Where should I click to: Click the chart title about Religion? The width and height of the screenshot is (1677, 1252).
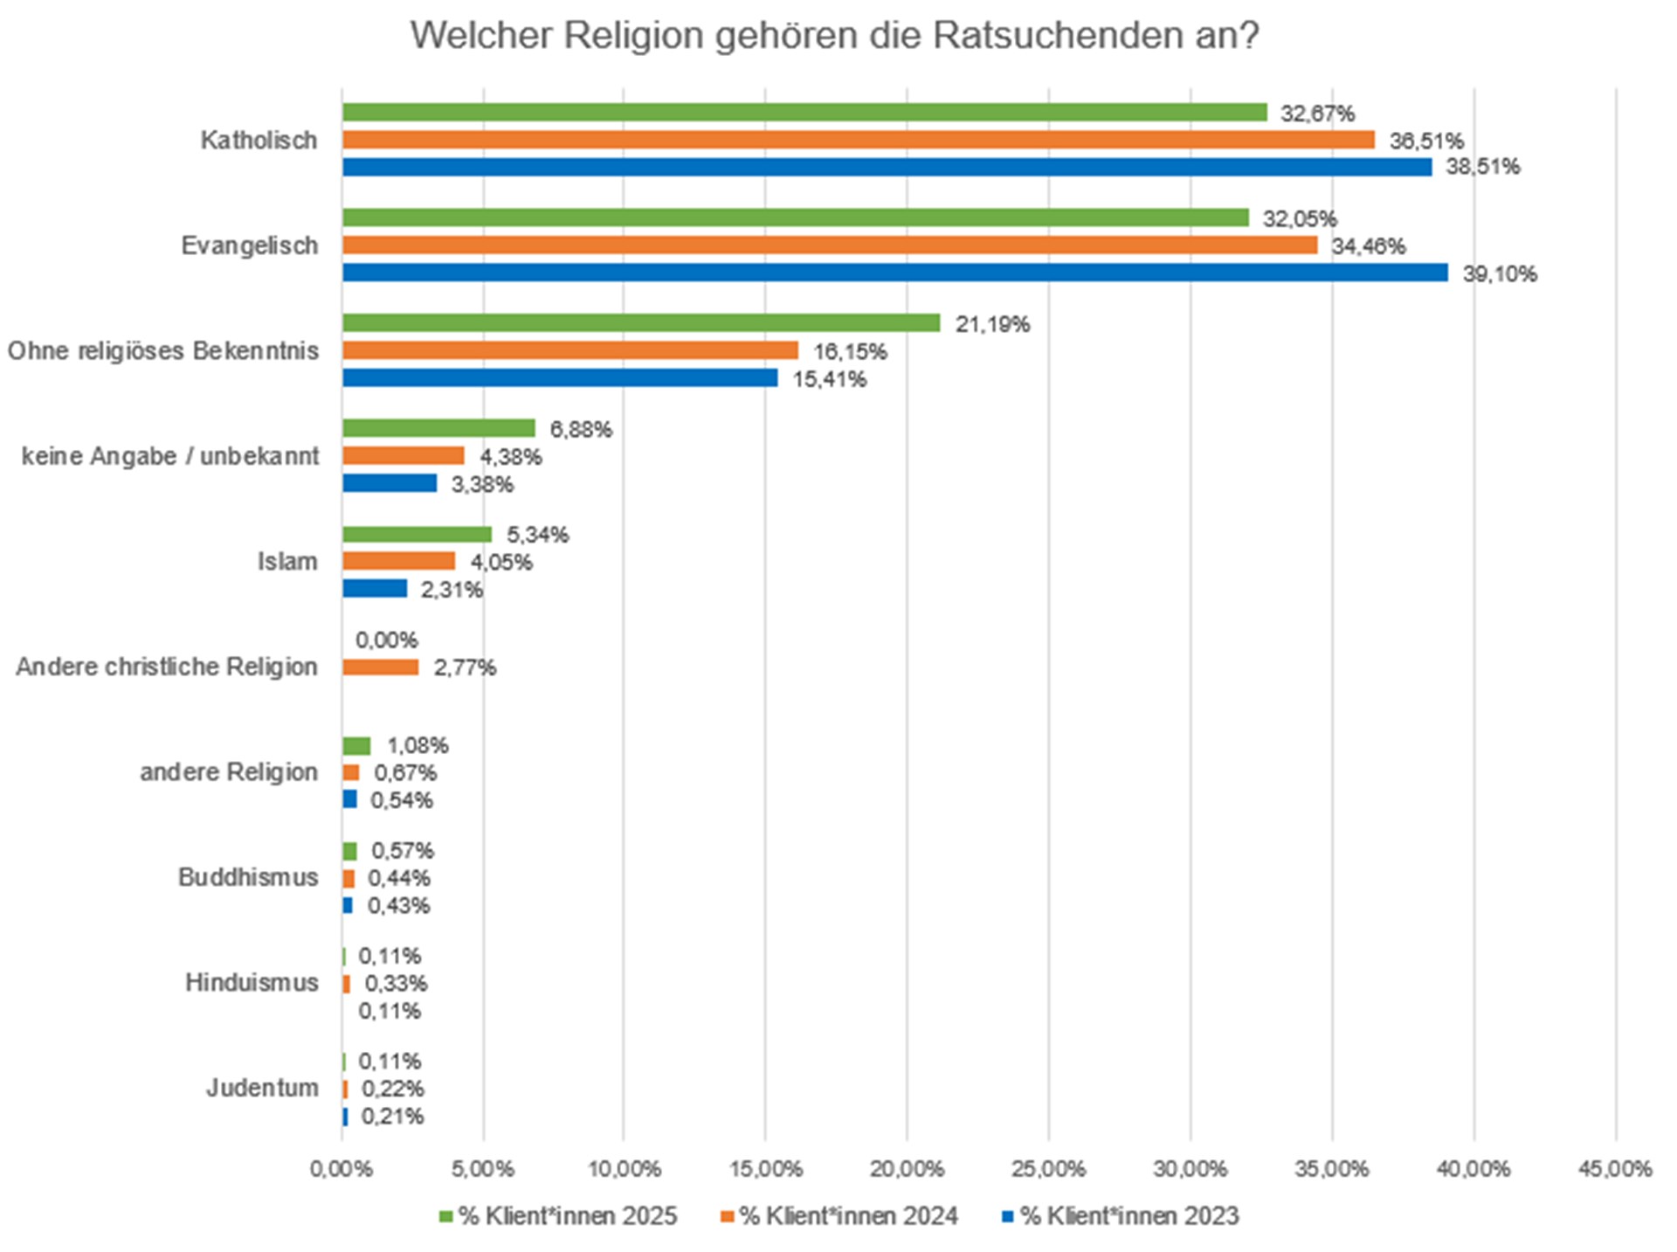pyautogui.click(x=834, y=37)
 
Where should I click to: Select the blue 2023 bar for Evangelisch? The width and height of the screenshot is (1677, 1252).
pyautogui.click(x=894, y=273)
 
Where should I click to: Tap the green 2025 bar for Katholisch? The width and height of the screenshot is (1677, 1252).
pyautogui.click(x=804, y=112)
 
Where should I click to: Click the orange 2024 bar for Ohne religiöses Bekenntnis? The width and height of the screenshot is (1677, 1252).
pyautogui.click(x=569, y=350)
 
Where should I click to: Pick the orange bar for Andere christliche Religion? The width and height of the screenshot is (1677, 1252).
pyautogui.click(x=380, y=668)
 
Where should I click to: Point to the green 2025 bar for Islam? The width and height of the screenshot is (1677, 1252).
pyautogui.click(x=417, y=535)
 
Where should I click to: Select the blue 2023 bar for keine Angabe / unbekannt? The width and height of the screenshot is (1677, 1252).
pyautogui.click(x=390, y=483)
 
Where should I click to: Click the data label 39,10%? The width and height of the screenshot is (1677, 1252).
pyautogui.click(x=1500, y=274)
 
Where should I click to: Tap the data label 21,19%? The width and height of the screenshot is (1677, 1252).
pyautogui.click(x=992, y=324)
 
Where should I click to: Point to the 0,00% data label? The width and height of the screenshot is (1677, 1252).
pyautogui.click(x=386, y=640)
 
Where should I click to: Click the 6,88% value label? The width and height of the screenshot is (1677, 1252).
pyautogui.click(x=581, y=429)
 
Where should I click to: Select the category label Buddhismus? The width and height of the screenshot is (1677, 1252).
pyautogui.click(x=248, y=877)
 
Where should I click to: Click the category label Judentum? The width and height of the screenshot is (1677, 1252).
pyautogui.click(x=262, y=1088)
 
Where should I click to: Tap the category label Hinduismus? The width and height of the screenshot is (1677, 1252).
pyautogui.click(x=252, y=983)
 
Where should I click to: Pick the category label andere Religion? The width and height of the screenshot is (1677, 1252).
pyautogui.click(x=229, y=772)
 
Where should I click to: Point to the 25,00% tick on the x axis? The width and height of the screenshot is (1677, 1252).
pyautogui.click(x=1049, y=1169)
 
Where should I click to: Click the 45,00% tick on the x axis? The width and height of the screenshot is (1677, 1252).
pyautogui.click(x=1615, y=1169)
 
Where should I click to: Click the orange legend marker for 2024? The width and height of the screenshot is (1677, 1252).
pyautogui.click(x=727, y=1216)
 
